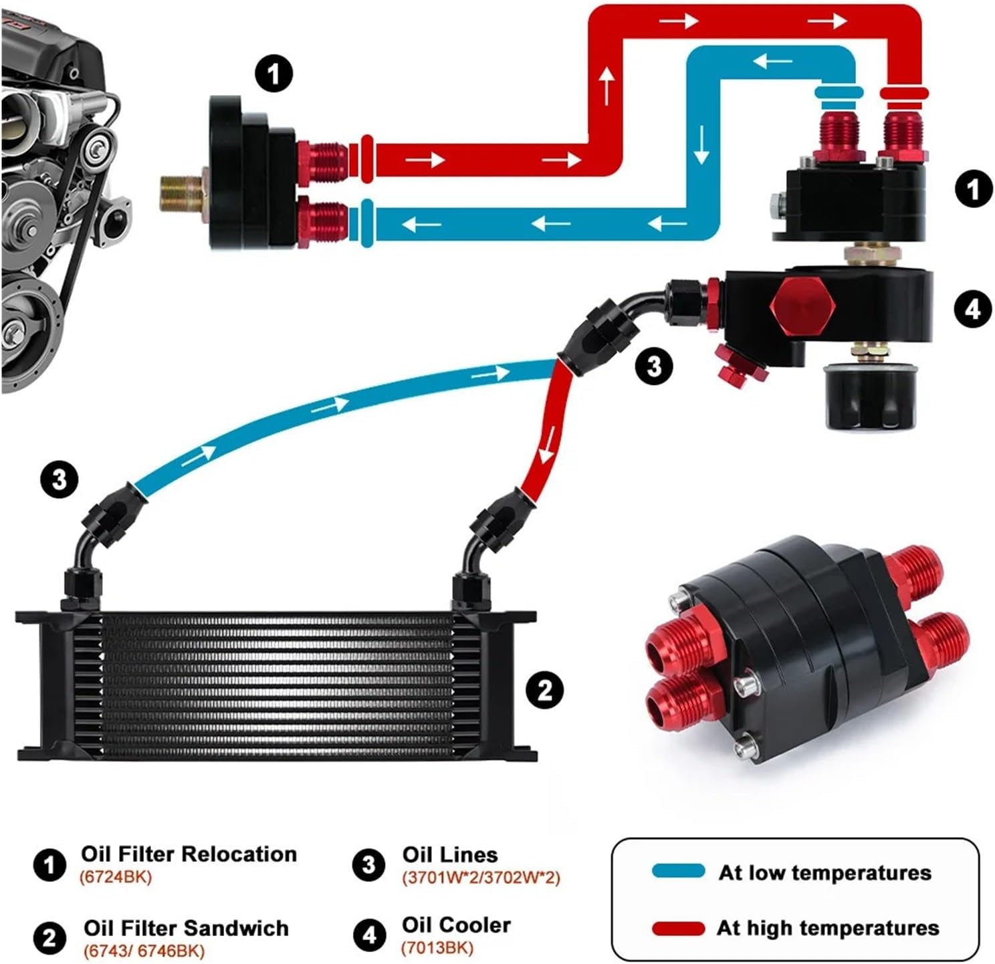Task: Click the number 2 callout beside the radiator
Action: pos(545,689)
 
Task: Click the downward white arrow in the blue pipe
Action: pos(701,146)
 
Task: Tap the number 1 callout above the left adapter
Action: pos(273,74)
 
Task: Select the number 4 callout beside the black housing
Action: pos(973,309)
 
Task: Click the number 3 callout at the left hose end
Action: pos(60,479)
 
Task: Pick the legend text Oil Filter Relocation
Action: pos(189,854)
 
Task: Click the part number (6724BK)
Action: pos(116,876)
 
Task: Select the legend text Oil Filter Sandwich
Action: pos(186,928)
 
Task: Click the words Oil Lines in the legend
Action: pos(450,854)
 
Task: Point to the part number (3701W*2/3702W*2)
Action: pos(481,877)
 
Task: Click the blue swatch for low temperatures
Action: pos(677,871)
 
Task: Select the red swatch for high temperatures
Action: pos(677,928)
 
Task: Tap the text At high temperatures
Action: pos(828,928)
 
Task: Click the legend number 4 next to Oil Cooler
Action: pos(369,935)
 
